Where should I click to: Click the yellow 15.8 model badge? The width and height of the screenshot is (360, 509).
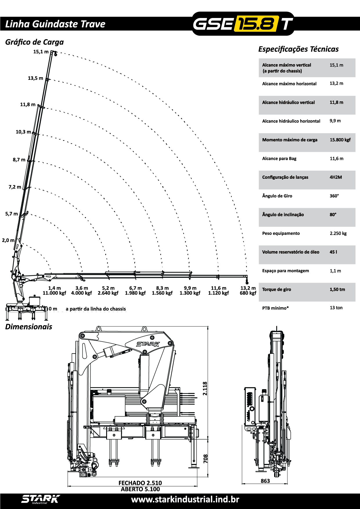(255, 24)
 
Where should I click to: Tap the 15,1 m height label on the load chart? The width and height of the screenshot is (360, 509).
(41, 52)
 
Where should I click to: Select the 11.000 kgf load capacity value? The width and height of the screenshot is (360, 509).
(54, 293)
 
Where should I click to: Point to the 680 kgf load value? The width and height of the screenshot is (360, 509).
(248, 293)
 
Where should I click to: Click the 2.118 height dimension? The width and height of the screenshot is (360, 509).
(205, 388)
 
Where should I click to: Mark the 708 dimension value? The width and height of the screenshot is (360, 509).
(206, 459)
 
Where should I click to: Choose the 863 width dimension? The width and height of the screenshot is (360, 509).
(265, 481)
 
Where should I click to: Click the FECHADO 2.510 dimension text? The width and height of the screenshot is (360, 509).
(140, 483)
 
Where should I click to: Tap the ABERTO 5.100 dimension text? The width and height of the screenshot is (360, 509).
(140, 489)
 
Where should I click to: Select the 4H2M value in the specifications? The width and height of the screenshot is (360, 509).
(336, 177)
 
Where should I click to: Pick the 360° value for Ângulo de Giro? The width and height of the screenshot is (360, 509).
(334, 196)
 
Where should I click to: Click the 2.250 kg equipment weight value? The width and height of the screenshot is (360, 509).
(338, 233)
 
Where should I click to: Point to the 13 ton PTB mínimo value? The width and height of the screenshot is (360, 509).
(336, 308)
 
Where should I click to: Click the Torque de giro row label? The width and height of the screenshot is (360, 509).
(276, 290)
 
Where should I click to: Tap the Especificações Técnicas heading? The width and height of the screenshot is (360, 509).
(298, 49)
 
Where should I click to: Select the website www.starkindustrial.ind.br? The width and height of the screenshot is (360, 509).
(185, 499)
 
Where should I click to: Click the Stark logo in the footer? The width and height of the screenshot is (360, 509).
(40, 499)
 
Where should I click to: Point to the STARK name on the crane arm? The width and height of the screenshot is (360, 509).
(148, 344)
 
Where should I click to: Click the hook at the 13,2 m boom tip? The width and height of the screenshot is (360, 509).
(247, 281)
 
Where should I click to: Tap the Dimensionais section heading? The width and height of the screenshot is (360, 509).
(29, 327)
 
